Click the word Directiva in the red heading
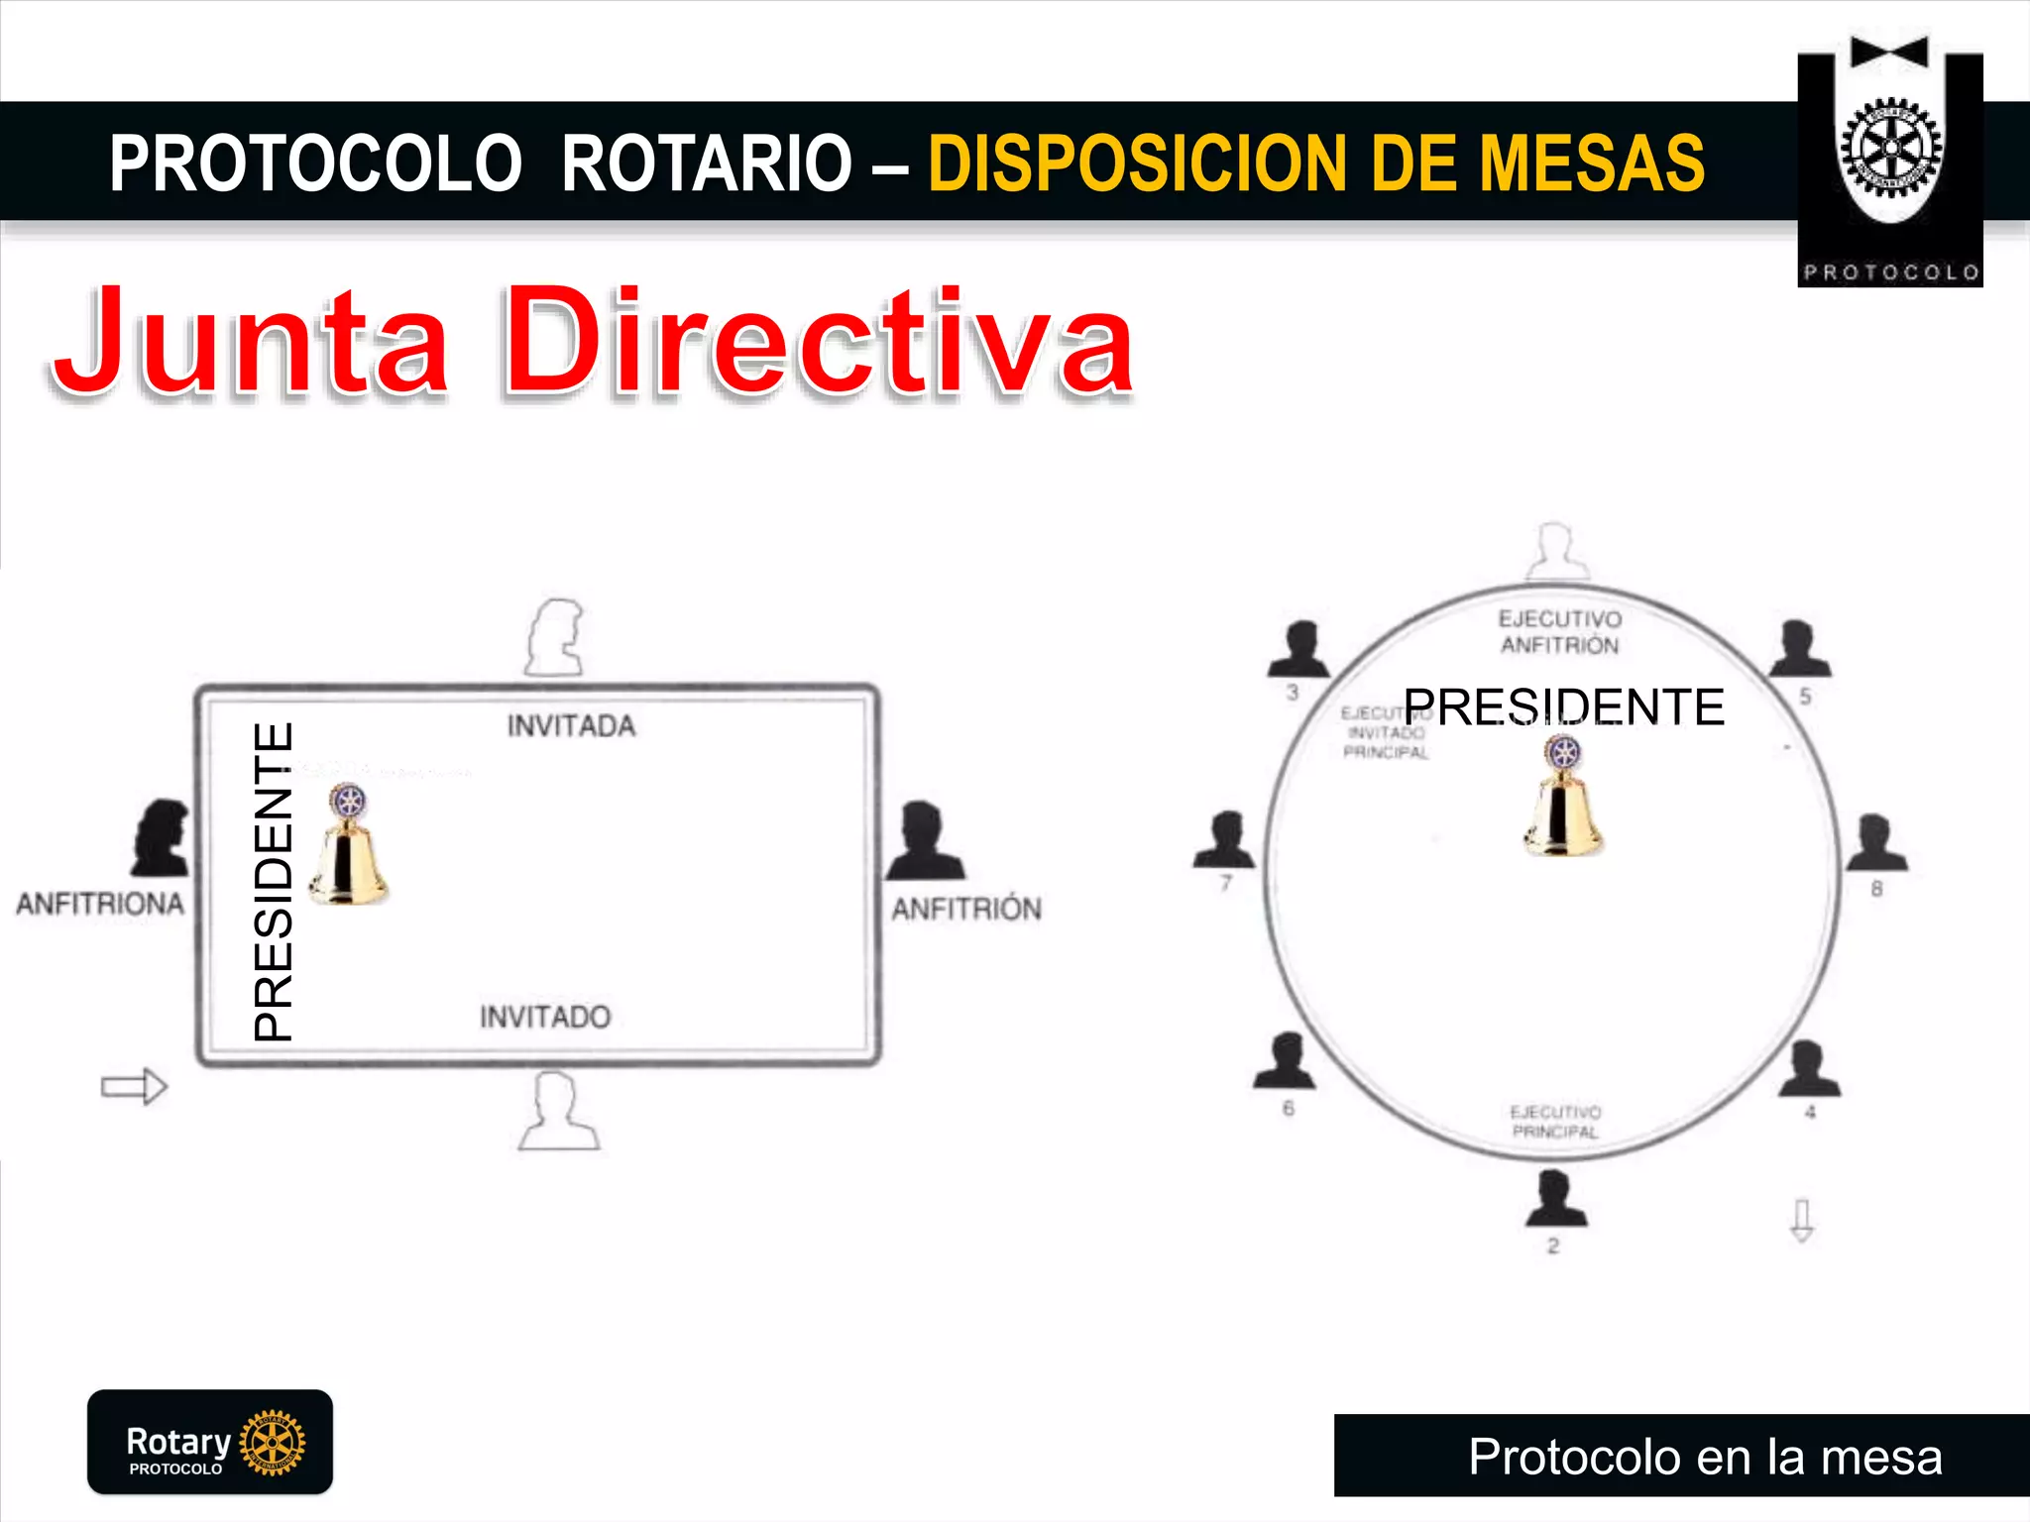click(819, 342)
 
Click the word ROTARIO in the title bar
click(706, 163)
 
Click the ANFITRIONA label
click(100, 904)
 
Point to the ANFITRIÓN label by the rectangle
click(966, 909)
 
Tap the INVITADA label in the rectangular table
click(571, 726)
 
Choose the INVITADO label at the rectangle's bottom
click(545, 1017)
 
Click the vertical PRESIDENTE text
click(273, 882)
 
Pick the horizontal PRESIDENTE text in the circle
click(1564, 707)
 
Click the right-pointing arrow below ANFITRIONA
click(135, 1087)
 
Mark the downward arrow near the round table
click(1802, 1221)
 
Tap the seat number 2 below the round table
click(1553, 1247)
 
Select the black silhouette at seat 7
click(1225, 839)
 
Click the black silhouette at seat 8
click(1874, 843)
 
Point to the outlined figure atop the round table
click(1556, 551)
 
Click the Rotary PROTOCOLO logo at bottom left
click(210, 1442)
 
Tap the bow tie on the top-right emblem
click(1889, 53)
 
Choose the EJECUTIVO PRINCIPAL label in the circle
click(1555, 1122)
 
